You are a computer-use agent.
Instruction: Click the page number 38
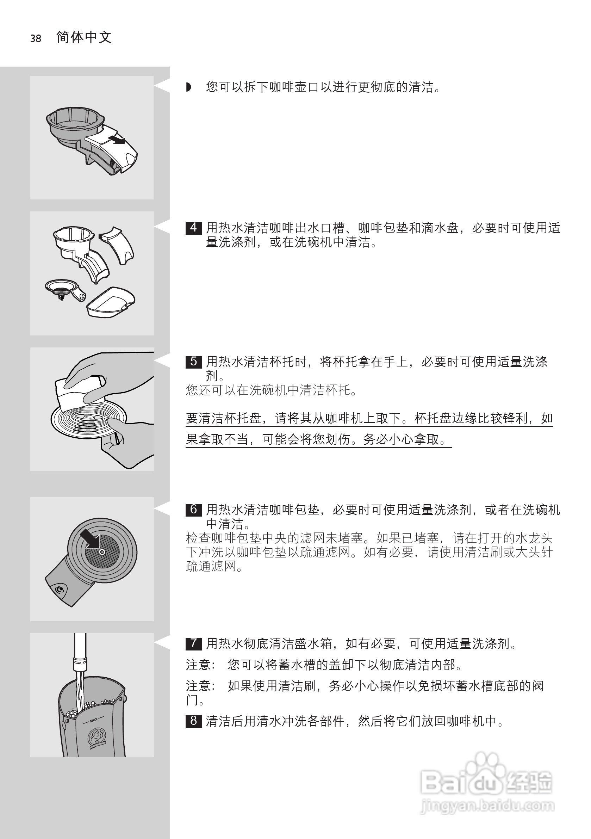(36, 38)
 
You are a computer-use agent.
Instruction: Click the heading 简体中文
(84, 37)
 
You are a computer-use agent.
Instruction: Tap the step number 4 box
(193, 228)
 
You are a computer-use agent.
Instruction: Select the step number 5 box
(193, 362)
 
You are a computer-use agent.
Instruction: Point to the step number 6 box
(193, 509)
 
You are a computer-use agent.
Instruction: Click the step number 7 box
(193, 643)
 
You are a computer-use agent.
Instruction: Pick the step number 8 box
(193, 721)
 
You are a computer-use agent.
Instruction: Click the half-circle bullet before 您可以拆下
(188, 87)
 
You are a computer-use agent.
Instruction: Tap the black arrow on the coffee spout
(117, 140)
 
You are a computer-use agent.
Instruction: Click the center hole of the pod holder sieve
(102, 552)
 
